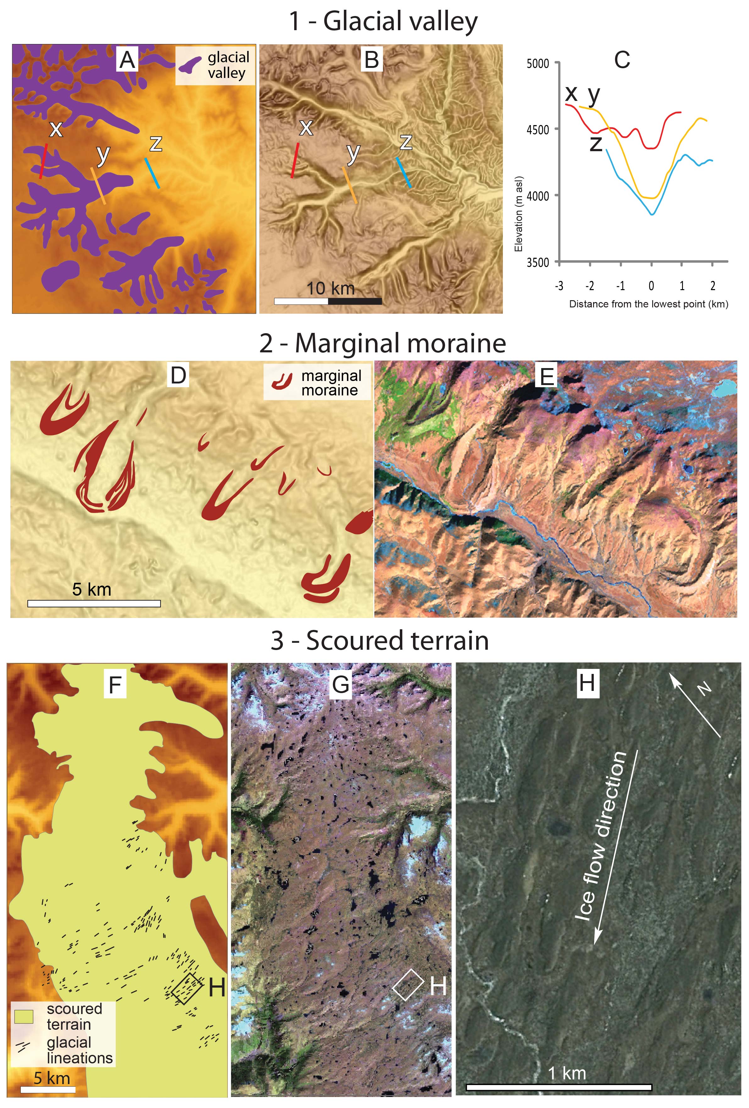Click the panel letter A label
[127, 60]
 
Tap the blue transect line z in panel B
[403, 172]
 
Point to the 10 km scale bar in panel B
[328, 301]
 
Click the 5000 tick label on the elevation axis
[537, 64]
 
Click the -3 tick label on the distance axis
[559, 286]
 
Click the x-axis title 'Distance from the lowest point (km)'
[648, 304]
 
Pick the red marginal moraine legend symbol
[281, 381]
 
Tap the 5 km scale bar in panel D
[94, 604]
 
